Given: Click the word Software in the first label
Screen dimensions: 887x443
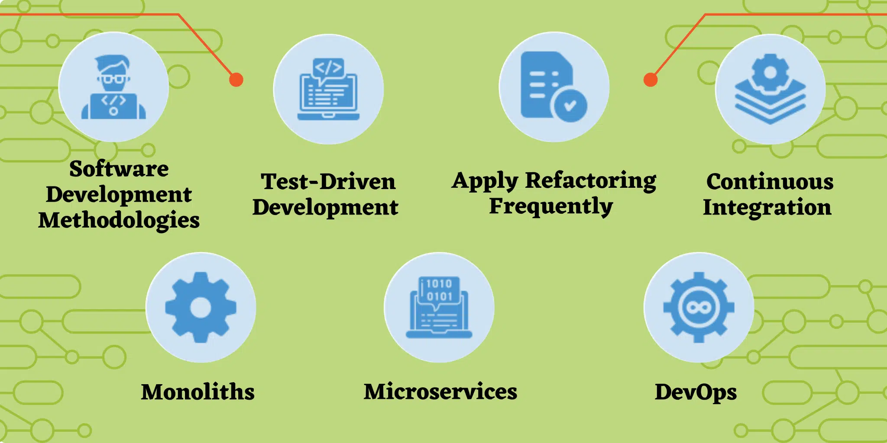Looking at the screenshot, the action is point(119,169).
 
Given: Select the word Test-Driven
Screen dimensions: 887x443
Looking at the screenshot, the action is point(328,182).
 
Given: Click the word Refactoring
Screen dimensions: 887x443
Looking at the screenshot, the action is point(591,181).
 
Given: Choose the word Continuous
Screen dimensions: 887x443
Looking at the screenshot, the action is point(770,182).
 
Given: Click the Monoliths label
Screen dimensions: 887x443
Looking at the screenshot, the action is point(198,392).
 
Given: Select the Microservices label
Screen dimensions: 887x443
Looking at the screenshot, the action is point(440,392).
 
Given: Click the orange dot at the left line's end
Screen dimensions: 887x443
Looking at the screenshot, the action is point(236,80).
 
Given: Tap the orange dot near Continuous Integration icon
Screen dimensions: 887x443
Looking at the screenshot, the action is point(651,80).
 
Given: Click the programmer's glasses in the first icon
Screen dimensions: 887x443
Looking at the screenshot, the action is point(113,79).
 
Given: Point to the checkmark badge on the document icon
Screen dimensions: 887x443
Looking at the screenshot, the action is point(570,105).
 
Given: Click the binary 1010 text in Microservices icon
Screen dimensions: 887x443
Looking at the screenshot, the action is point(439,284).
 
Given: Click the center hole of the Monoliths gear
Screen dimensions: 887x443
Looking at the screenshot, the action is point(201,308).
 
